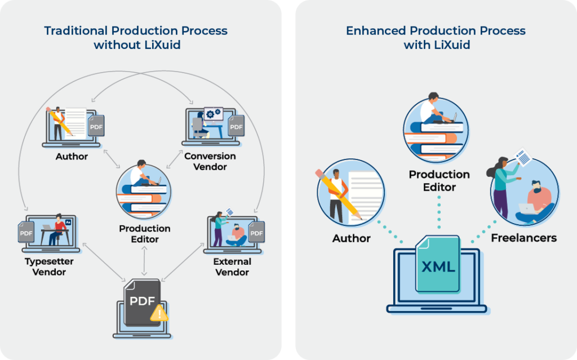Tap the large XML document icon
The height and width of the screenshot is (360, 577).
click(438, 264)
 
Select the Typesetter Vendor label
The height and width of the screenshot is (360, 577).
click(49, 267)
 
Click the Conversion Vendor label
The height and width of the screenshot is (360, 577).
click(210, 161)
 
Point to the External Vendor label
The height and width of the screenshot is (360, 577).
click(232, 267)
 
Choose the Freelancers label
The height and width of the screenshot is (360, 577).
click(523, 238)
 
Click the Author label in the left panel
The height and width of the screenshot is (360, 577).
click(72, 157)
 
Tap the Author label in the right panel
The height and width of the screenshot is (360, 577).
click(352, 238)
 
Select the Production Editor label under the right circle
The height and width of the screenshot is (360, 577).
click(440, 180)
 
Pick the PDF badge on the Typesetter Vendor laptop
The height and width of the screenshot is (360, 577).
click(26, 232)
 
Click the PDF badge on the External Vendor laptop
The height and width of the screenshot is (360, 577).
click(256, 232)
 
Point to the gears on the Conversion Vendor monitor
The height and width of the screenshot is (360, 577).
click(214, 113)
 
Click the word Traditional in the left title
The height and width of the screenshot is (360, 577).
click(76, 30)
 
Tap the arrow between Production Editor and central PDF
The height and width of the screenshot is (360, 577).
click(144, 261)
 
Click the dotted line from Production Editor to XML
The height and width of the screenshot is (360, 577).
click(439, 213)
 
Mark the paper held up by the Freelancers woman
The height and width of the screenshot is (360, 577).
click(523, 157)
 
